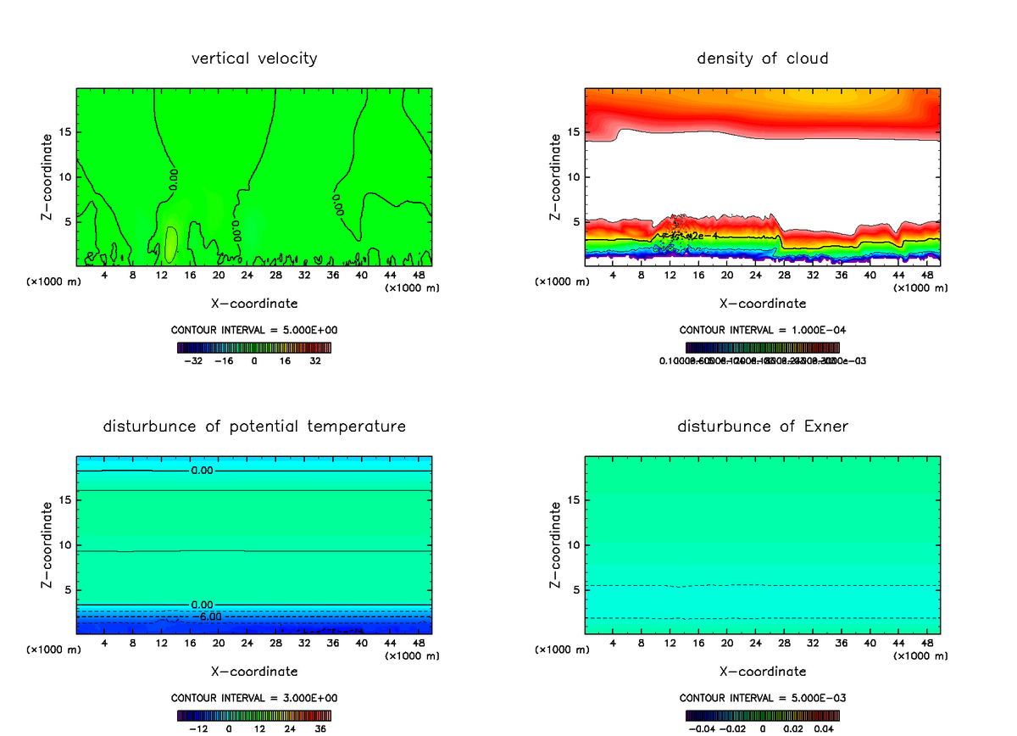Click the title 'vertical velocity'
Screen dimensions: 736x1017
tap(254, 59)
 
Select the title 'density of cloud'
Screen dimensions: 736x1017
tap(762, 59)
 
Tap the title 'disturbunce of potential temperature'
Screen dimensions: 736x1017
tap(254, 426)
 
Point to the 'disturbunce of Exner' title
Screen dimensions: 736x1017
tap(762, 426)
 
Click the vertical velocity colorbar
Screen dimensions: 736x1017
tap(254, 348)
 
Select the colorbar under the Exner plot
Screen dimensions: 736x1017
tap(762, 715)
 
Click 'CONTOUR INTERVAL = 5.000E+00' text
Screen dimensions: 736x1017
tap(254, 331)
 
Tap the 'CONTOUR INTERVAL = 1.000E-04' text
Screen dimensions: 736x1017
tap(762, 331)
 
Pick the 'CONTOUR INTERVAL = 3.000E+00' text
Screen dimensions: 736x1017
tap(254, 698)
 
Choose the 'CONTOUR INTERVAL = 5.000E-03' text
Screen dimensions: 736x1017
tap(762, 698)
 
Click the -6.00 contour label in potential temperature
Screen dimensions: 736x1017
tap(210, 616)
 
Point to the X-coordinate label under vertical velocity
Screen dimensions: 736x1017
tap(254, 303)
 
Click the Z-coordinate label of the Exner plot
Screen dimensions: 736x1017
tap(555, 544)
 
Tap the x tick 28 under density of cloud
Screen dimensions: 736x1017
tap(784, 276)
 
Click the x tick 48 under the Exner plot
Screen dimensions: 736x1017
tap(926, 644)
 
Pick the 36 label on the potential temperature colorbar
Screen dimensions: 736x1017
tap(320, 728)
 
